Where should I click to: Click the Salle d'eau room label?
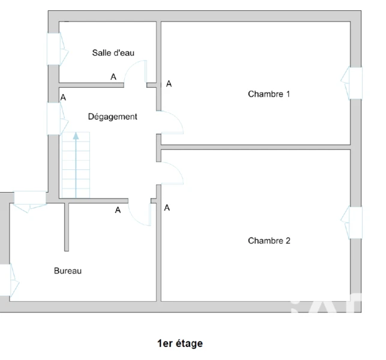pyautogui.click(x=113, y=53)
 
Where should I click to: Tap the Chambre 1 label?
pyautogui.click(x=269, y=94)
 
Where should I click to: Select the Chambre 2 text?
pyautogui.click(x=269, y=241)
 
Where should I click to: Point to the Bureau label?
pyautogui.click(x=68, y=271)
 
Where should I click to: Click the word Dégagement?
pyautogui.click(x=112, y=116)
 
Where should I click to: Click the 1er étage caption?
pyautogui.click(x=180, y=343)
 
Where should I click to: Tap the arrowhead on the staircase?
pyautogui.click(x=76, y=136)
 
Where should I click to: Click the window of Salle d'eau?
pyautogui.click(x=57, y=49)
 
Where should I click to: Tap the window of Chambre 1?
pyautogui.click(x=352, y=83)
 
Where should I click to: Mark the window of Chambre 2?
pyautogui.click(x=352, y=223)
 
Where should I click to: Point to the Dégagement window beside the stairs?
pyautogui.click(x=57, y=119)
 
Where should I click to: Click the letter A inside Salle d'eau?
pyautogui.click(x=113, y=77)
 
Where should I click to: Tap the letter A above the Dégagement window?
pyautogui.click(x=63, y=97)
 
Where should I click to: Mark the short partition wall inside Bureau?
pyautogui.click(x=67, y=227)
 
